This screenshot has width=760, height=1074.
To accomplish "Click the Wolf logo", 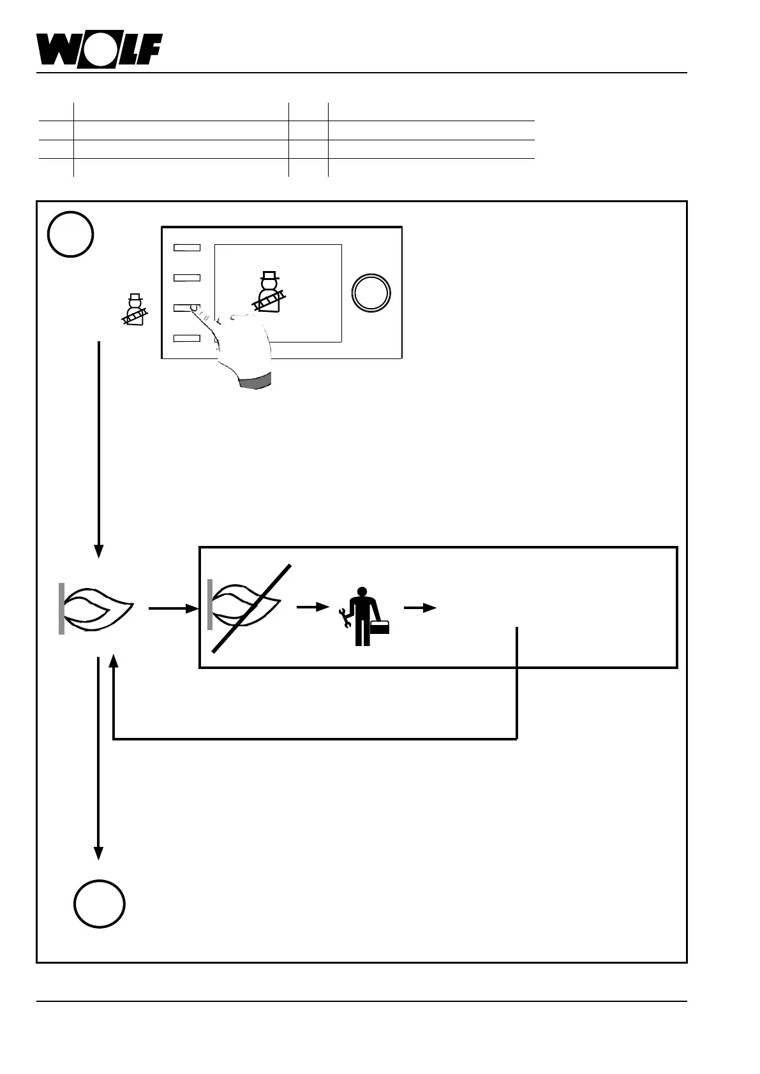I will (x=99, y=49).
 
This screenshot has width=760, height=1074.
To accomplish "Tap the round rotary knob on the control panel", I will (x=371, y=293).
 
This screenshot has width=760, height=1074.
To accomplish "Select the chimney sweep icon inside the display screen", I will (x=269, y=293).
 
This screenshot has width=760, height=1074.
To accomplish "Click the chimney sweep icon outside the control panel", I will (x=135, y=310).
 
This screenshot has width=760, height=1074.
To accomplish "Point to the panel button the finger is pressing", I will (x=187, y=308).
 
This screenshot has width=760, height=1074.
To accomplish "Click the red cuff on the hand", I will (x=255, y=381).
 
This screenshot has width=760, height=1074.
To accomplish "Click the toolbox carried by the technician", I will (x=380, y=627).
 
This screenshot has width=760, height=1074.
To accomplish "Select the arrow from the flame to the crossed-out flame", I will (x=174, y=609).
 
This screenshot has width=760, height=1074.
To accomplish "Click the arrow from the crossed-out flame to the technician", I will (x=312, y=608).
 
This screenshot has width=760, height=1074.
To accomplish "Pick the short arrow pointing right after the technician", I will (x=419, y=608).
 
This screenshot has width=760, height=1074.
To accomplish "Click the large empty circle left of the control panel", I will (x=71, y=234).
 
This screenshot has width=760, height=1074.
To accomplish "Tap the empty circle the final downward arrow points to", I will (x=99, y=904).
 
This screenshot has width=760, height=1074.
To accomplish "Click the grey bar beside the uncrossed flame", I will (x=61, y=608).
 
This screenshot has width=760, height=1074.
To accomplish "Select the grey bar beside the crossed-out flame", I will (x=210, y=605).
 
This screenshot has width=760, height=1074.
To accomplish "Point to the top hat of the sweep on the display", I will (x=269, y=277).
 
